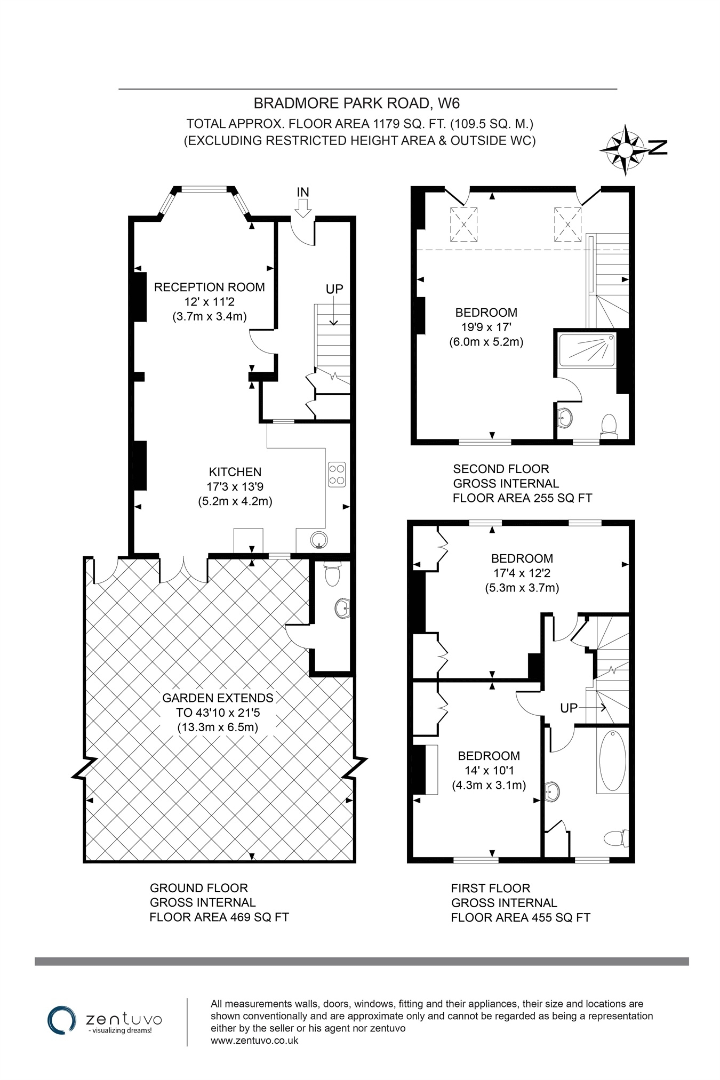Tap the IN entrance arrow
(303, 207)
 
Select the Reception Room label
(210, 287)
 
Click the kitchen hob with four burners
(337, 474)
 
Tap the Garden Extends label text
(218, 698)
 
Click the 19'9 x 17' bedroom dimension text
(486, 327)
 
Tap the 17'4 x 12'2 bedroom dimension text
(522, 573)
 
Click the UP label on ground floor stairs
(334, 289)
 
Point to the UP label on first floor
(569, 708)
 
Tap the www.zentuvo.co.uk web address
(254, 1040)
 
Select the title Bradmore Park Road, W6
(356, 102)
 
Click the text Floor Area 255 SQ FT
(522, 498)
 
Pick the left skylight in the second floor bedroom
(463, 224)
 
